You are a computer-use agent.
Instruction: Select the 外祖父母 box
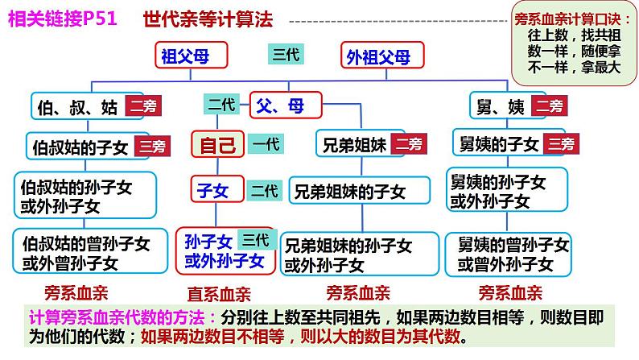click(x=377, y=56)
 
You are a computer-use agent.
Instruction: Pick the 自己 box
click(x=217, y=145)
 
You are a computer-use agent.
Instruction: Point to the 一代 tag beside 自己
click(x=265, y=145)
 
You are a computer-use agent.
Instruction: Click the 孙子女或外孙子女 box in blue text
click(x=225, y=250)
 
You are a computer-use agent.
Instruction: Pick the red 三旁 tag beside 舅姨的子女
click(x=561, y=144)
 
